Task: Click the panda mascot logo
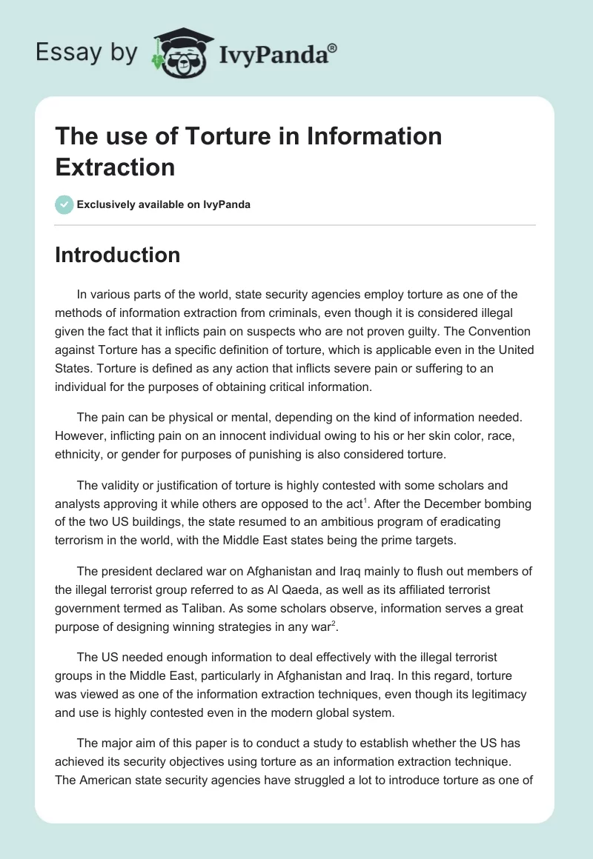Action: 180,53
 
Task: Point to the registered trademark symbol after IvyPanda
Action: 333,47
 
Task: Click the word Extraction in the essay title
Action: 115,167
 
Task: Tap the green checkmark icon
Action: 64,204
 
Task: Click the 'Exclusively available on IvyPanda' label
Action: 164,204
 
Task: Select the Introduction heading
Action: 118,255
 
